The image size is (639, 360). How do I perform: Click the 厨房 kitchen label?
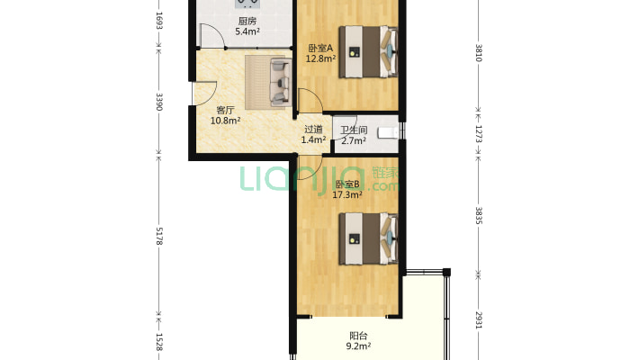247,22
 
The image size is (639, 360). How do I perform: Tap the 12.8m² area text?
320,58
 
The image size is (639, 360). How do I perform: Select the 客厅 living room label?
225,110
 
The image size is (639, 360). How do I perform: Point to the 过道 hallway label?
313,130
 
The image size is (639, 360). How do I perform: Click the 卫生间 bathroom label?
354,130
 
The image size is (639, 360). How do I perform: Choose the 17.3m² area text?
347,195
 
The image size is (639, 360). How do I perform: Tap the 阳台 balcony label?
358,336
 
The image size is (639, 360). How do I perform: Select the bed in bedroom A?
368,52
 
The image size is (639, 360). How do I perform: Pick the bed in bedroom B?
368,238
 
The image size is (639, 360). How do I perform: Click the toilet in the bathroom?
388,133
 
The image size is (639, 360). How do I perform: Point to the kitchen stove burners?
247,4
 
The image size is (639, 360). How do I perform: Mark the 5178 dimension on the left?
159,236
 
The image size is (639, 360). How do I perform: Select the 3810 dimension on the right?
479,53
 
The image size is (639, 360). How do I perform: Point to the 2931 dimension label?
479,320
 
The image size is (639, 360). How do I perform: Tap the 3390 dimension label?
159,102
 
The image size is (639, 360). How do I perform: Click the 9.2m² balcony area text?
358,346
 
